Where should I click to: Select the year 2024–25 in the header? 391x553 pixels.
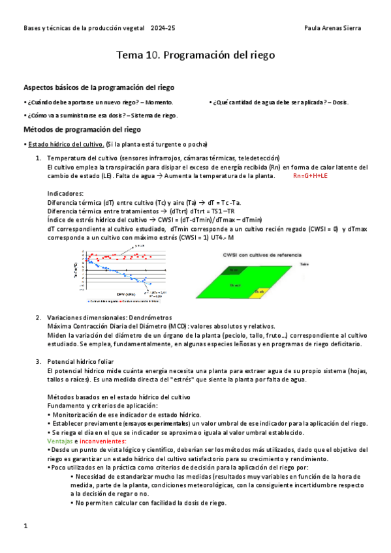pyautogui.click(x=163, y=28)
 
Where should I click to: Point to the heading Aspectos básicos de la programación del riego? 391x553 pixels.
pyautogui.click(x=99, y=87)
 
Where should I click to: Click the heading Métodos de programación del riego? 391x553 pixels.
pyautogui.click(x=82, y=129)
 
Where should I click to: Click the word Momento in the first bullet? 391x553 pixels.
pyautogui.click(x=159, y=102)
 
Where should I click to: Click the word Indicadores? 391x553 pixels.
pyautogui.click(x=65, y=194)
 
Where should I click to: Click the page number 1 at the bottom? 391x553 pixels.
pyautogui.click(x=25, y=525)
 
